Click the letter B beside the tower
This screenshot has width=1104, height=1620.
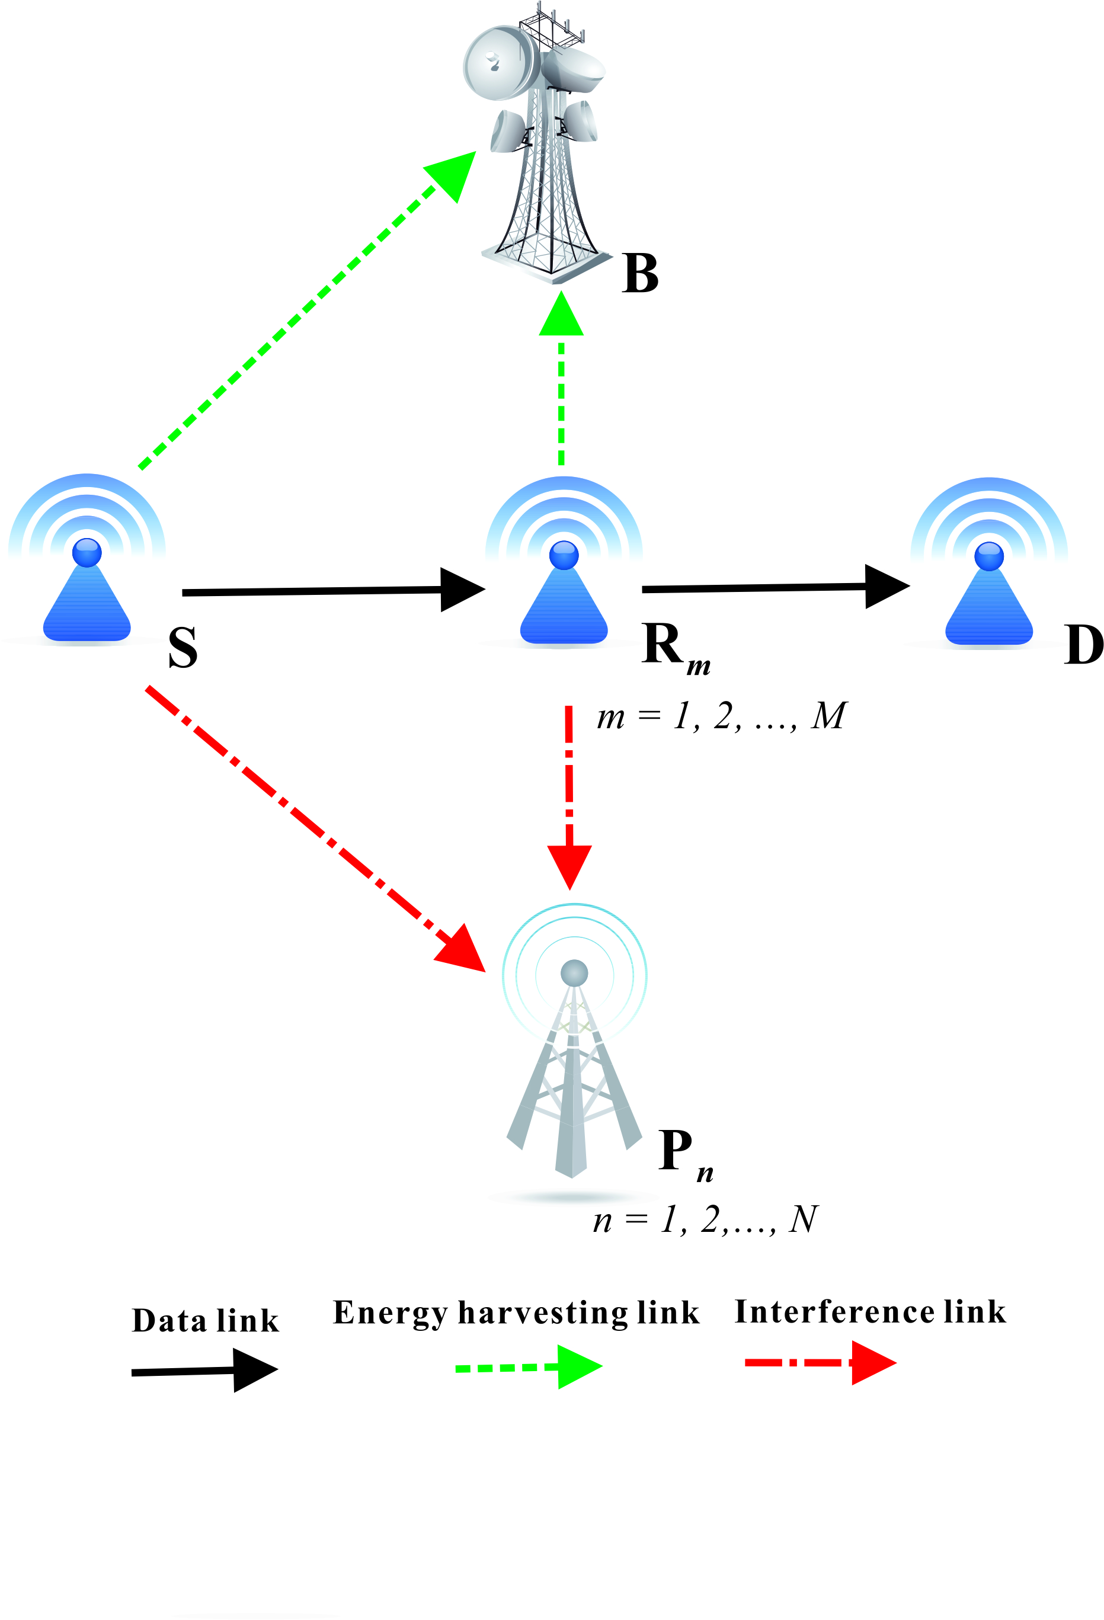coord(640,273)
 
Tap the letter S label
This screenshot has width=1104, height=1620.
coord(183,648)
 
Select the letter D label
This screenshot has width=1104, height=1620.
coord(1083,645)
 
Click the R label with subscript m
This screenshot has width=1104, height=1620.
coord(673,646)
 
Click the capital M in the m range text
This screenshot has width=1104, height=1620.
coord(828,716)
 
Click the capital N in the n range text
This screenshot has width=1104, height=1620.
coord(803,1220)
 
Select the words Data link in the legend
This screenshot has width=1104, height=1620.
coord(205,1321)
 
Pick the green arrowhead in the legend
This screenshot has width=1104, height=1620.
coord(578,1367)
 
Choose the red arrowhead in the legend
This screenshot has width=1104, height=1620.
coord(872,1362)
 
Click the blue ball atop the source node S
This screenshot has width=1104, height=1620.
coord(87,552)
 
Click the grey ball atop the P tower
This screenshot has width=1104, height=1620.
coord(574,972)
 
